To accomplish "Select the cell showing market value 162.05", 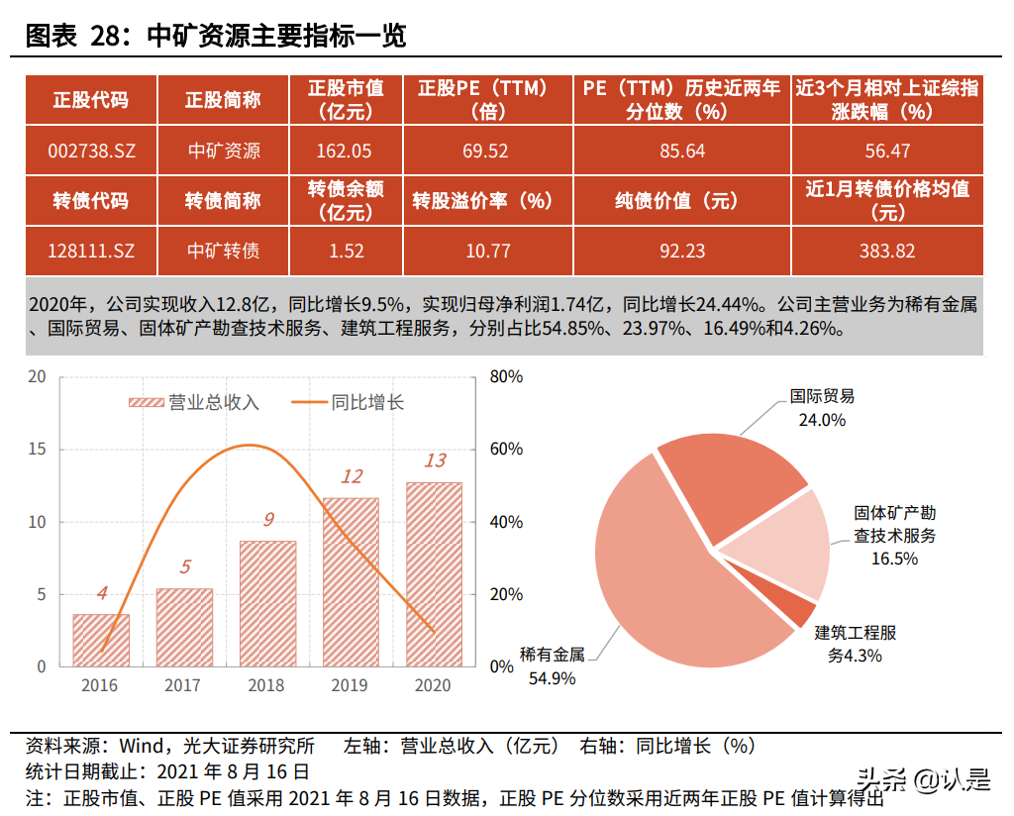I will tap(346, 151).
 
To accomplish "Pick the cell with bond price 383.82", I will tap(886, 251).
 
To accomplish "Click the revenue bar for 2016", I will tap(101, 641).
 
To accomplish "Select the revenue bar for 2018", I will tap(267, 604).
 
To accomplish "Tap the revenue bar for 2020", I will tap(434, 574).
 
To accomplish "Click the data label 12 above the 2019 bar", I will tap(352, 476).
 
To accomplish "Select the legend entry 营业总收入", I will tap(194, 402).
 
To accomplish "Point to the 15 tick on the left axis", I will tap(37, 450).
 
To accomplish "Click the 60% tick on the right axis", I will tap(506, 450).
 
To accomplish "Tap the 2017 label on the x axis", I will tap(183, 685).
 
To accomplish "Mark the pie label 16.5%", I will tap(894, 558).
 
